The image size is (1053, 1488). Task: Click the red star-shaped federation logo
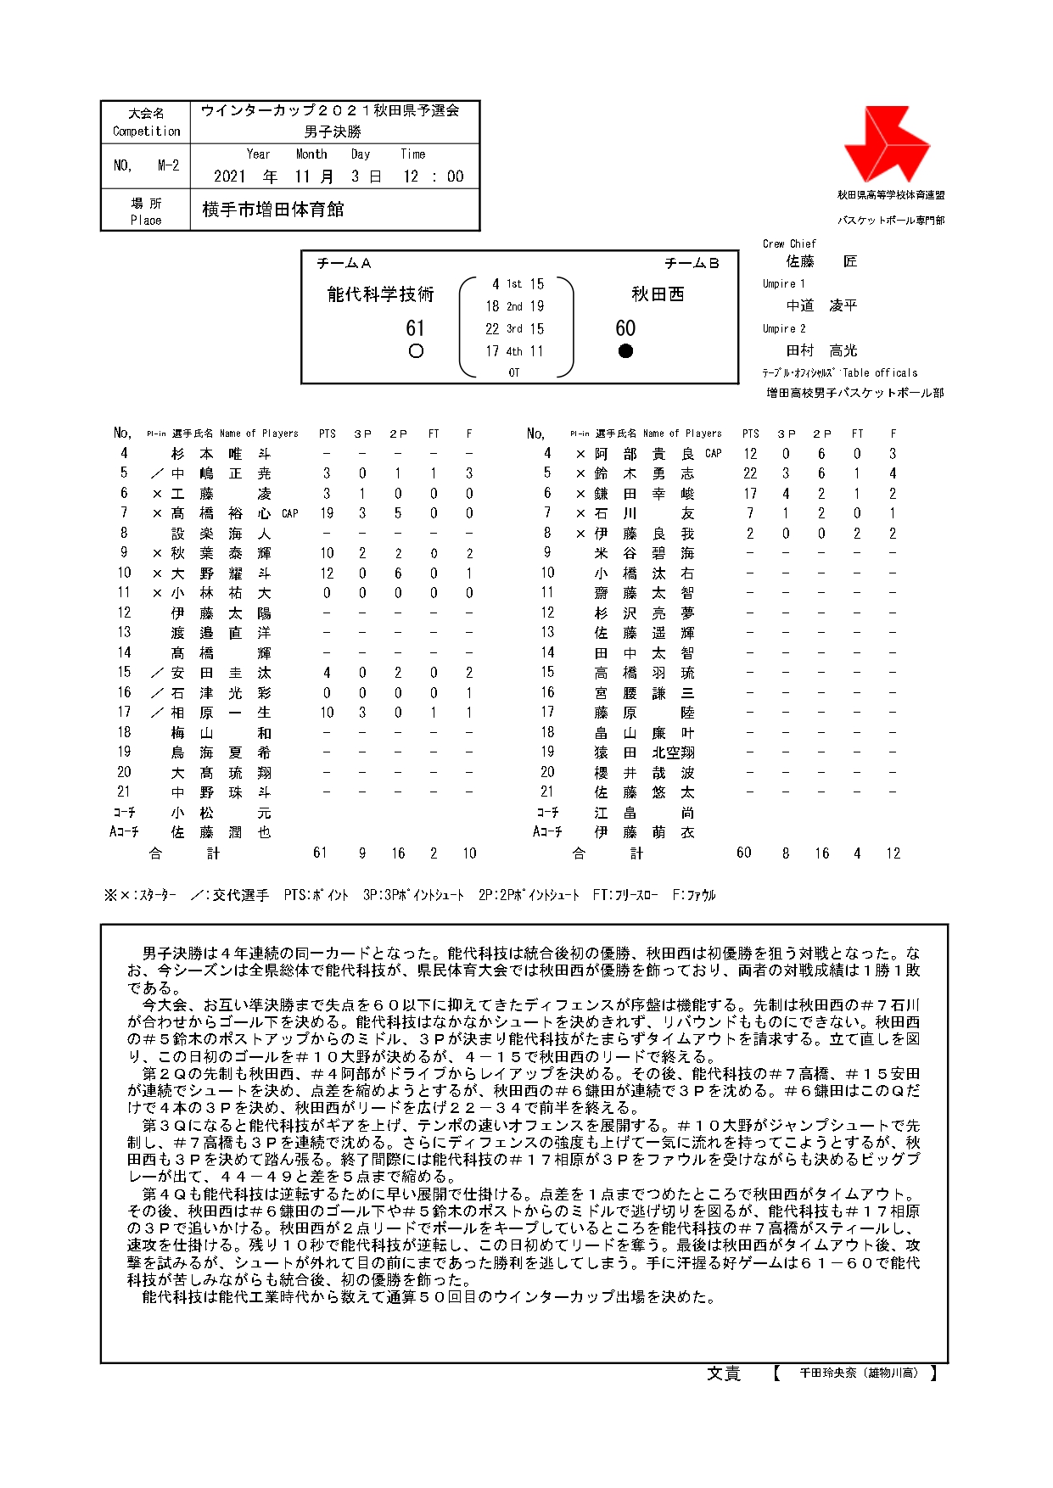click(x=886, y=144)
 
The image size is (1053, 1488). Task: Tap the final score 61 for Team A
click(x=415, y=328)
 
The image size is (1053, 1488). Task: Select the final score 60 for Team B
click(x=625, y=328)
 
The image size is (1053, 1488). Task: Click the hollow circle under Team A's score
click(x=416, y=351)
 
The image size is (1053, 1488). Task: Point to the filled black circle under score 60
click(x=626, y=351)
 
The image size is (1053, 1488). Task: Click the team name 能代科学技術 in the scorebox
click(x=380, y=294)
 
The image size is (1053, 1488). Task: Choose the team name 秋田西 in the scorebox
click(x=658, y=294)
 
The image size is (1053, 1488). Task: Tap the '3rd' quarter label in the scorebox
click(x=514, y=329)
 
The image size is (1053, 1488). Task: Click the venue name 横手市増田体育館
click(x=273, y=210)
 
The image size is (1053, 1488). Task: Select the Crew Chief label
click(x=789, y=243)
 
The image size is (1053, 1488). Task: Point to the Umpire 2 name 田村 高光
click(x=821, y=350)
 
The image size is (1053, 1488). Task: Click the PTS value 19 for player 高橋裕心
click(x=327, y=513)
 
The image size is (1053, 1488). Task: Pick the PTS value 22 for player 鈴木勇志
click(x=750, y=473)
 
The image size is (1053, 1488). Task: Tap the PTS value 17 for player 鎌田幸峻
click(x=750, y=494)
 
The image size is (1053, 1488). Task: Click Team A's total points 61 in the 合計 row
click(x=320, y=853)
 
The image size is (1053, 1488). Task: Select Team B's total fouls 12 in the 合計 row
click(x=893, y=853)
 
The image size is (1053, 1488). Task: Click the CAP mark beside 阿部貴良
click(x=714, y=454)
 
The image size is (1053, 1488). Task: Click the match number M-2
click(x=168, y=165)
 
